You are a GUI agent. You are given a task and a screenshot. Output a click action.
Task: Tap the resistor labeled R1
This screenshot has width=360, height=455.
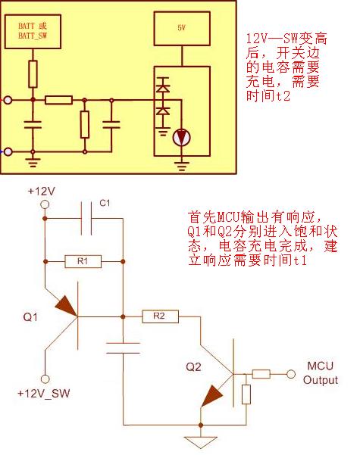pos(83,261)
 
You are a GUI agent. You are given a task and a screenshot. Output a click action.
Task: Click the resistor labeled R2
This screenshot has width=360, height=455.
pos(160,316)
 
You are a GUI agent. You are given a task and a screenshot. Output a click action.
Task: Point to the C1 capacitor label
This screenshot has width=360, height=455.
pos(105,203)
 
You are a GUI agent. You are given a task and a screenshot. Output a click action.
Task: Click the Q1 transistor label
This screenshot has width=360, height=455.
pos(30,317)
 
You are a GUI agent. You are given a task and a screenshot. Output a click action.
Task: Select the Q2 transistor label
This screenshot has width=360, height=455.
pos(193,367)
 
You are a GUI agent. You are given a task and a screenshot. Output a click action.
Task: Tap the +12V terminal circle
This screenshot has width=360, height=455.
pos(45,204)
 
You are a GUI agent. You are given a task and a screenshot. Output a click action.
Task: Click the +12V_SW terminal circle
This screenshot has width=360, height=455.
pos(45,379)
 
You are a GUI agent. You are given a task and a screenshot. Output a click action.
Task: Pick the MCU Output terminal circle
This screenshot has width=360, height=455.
pos(291,374)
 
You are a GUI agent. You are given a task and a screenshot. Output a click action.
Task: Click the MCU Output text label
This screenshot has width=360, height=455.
pos(321,373)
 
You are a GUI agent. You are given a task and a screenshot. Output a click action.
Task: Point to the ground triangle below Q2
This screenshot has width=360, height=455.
pos(201,442)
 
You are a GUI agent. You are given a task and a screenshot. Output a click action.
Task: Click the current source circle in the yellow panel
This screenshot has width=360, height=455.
pos(182,137)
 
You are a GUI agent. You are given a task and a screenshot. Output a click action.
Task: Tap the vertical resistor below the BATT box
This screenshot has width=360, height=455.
pos(33,74)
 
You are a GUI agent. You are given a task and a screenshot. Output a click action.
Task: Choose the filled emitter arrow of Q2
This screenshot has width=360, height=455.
pos(211,396)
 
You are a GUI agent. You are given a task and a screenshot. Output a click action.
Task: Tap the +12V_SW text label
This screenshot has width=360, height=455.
pos(44,394)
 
